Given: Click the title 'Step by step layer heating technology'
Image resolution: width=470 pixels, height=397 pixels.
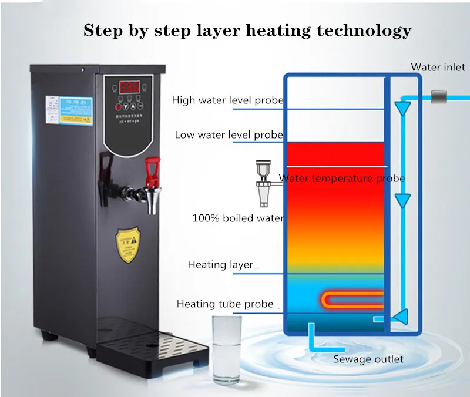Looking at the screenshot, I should click(247, 30).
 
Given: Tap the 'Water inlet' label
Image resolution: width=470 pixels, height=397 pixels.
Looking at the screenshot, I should click(438, 67).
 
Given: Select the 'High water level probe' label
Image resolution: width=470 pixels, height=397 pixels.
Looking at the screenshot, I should click(227, 100).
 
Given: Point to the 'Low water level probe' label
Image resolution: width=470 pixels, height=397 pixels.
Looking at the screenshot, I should click(229, 135).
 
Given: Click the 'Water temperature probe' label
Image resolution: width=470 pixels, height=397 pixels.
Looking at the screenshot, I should click(342, 178).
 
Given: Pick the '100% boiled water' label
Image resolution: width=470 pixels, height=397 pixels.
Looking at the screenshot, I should click(238, 218).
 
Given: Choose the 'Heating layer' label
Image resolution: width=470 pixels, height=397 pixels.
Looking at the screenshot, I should click(220, 265).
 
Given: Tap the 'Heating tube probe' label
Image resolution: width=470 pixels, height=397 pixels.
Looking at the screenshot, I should click(225, 304).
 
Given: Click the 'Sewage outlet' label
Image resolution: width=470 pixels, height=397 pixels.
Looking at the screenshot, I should click(368, 359).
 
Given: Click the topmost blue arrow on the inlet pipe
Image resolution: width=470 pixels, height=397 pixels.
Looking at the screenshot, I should click(402, 107).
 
